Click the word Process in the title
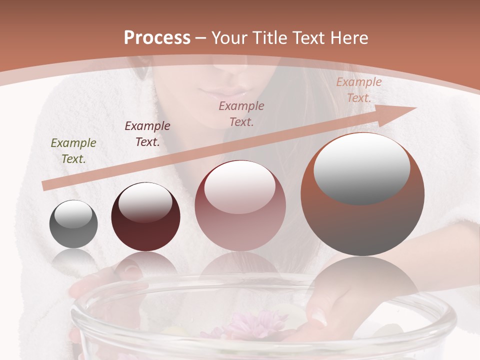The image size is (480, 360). [x=157, y=38]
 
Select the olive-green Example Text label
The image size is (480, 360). [x=73, y=151]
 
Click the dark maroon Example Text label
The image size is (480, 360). [x=147, y=134]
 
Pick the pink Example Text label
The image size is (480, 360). [x=241, y=113]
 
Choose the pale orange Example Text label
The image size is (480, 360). [x=359, y=90]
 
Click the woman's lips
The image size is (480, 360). [x=222, y=93]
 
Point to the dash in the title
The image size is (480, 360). [x=200, y=38]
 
